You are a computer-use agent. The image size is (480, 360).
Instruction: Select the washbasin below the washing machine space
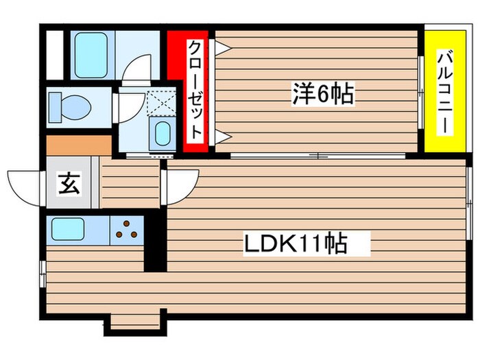pos(162,133)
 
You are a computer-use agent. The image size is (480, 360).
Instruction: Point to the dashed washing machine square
pos(160,103)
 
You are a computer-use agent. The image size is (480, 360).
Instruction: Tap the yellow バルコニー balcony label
pos(442,89)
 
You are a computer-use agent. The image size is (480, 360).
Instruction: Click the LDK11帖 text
pos(296,243)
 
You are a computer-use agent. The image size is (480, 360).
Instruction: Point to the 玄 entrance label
pos(67,185)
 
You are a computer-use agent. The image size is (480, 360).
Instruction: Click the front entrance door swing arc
pos(24,185)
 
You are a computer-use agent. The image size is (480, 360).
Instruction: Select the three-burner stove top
pos(125,232)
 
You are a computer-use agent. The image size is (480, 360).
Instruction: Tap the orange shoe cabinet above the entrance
pos(78,145)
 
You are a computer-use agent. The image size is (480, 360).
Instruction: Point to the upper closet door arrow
pos(222,47)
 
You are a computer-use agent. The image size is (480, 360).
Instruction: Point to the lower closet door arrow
pos(222,136)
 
